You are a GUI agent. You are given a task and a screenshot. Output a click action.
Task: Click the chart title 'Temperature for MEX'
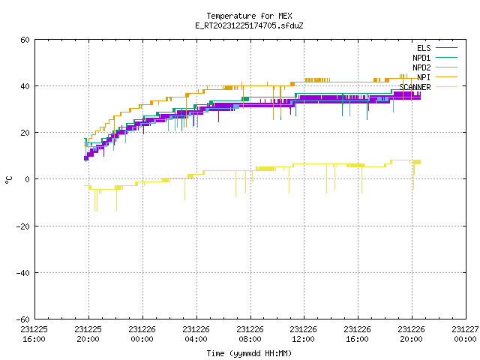click(x=249, y=16)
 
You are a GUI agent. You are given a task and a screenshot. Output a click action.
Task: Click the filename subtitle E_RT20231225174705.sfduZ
click(x=249, y=25)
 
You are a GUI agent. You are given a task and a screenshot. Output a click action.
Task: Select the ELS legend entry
click(x=437, y=48)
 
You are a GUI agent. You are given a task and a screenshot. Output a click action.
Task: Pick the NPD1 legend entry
click(x=435, y=58)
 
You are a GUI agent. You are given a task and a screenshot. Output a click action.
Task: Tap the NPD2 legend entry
click(x=435, y=67)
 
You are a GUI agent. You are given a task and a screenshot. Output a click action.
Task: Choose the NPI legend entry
click(x=437, y=77)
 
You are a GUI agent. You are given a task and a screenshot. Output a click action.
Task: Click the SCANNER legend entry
click(x=428, y=87)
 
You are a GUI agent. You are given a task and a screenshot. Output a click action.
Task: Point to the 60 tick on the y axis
click(x=25, y=40)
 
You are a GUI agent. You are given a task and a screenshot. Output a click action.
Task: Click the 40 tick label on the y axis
click(x=25, y=86)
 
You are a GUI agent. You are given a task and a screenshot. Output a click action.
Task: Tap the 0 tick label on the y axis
click(x=28, y=179)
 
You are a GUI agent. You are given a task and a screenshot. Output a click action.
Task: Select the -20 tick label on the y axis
click(x=23, y=226)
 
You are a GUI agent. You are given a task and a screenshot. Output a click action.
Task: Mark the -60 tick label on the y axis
click(x=23, y=319)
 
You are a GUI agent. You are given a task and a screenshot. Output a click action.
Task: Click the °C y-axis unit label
click(x=8, y=180)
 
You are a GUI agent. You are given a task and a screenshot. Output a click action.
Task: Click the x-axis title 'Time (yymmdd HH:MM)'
click(x=249, y=353)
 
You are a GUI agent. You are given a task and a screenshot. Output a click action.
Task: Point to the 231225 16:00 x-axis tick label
click(x=34, y=334)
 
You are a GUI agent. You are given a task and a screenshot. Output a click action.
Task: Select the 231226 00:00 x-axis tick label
click(x=142, y=334)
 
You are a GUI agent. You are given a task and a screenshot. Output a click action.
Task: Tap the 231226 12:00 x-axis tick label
click(x=303, y=334)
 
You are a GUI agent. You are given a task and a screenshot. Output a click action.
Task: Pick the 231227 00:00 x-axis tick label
click(x=465, y=334)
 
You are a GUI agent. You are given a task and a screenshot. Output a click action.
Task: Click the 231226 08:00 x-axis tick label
click(x=250, y=334)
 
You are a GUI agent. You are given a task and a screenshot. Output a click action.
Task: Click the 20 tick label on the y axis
click(x=25, y=133)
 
